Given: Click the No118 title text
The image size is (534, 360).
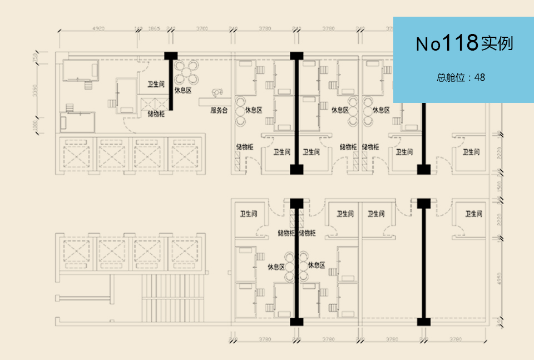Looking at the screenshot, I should click(x=464, y=43).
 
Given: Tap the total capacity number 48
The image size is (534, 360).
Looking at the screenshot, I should click(x=479, y=77).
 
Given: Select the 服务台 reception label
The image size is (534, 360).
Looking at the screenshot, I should click(x=219, y=110).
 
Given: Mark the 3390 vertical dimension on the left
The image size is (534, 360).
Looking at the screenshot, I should click(x=34, y=91).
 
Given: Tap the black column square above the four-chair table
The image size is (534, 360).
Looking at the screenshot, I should click(x=171, y=55).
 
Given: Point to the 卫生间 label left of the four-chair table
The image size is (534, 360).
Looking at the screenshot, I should click(x=156, y=85).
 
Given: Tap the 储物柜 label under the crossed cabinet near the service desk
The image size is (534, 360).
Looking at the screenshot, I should click(x=156, y=114).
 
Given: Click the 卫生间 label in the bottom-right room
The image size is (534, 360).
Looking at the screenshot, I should click(x=473, y=214).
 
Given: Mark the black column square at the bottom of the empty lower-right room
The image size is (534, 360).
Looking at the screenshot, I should click(x=424, y=322).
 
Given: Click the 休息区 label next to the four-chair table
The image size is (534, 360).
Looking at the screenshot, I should click(x=183, y=90).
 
